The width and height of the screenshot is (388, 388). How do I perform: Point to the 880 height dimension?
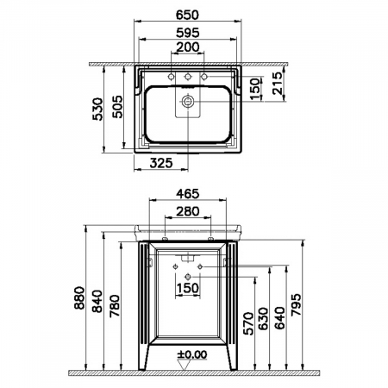tap(79, 300)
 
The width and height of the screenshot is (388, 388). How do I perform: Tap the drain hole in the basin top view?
tap(187, 101)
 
